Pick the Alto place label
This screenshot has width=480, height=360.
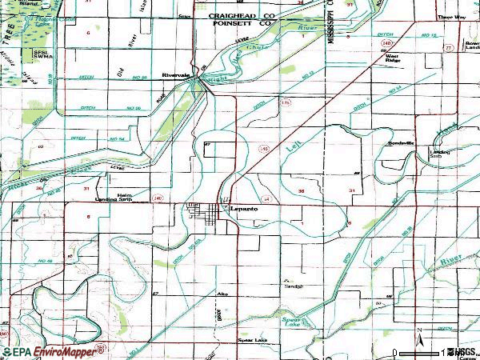[x=222, y=294]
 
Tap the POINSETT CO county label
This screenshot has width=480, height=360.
[x=238, y=24]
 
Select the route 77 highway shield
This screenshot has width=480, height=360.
[x=449, y=49]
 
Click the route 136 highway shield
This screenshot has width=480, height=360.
[x=286, y=103]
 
